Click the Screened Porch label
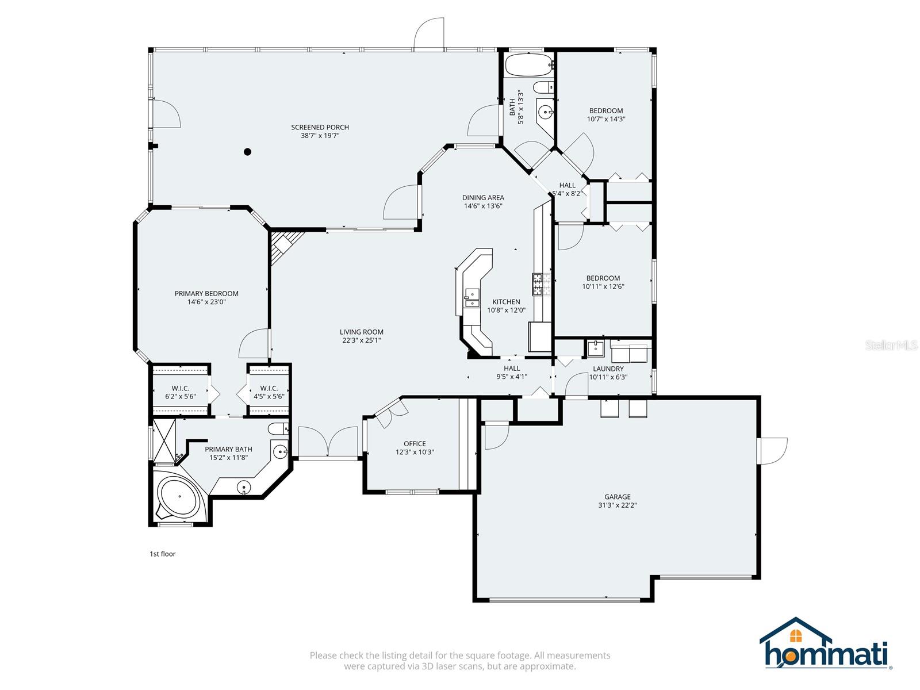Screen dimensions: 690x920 [320, 128]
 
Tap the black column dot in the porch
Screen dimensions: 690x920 [248, 152]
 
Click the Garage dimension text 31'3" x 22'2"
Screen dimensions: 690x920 [617, 505]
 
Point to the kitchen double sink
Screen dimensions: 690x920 [472, 297]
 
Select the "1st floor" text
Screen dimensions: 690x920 [163, 554]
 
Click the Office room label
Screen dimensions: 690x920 [415, 443]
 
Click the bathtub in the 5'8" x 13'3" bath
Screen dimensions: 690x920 [526, 65]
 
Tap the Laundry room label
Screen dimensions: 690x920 [608, 369]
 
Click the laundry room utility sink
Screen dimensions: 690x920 [595, 348]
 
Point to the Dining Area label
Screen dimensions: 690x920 [483, 197]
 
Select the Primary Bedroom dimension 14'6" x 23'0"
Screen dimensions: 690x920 [206, 301]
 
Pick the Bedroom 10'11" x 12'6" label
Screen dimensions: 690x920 [603, 278]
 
